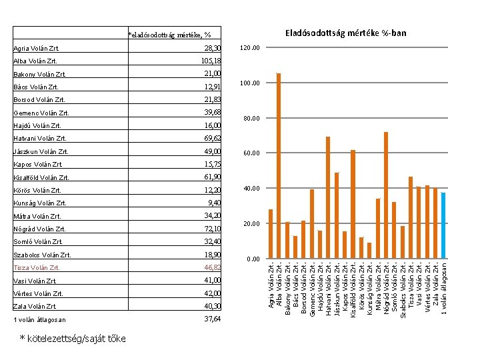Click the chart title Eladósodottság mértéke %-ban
tap(345, 33)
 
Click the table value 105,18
tap(211, 61)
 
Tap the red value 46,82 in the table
tap(213, 267)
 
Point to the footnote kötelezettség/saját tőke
tap(73, 339)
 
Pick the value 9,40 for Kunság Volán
tap(214, 203)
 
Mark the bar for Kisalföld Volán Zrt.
tap(353, 204)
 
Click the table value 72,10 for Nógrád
tap(213, 229)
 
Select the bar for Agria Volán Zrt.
tap(271, 234)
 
